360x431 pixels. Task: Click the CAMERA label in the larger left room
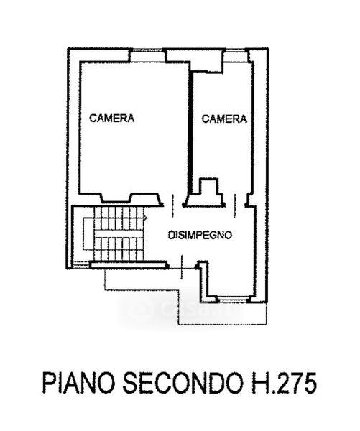112,119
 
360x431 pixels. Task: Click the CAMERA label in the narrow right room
224,119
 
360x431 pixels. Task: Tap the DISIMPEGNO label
200,236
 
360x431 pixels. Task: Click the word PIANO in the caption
78,384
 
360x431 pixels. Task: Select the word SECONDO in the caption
183,384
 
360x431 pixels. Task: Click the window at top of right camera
235,50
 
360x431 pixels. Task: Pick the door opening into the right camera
235,205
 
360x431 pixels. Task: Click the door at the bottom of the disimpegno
182,267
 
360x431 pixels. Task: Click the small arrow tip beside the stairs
147,218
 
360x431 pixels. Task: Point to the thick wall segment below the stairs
129,265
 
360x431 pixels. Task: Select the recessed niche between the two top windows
195,61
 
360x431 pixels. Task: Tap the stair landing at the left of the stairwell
88,233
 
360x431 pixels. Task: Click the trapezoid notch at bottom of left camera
116,198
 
